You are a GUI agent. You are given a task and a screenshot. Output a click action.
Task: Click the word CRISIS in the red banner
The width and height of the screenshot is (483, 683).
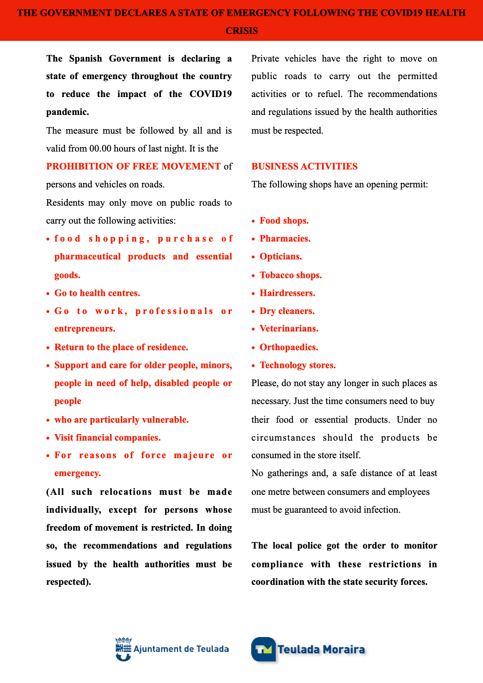click(241, 31)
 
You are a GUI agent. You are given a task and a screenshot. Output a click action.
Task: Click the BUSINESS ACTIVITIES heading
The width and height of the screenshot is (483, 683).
click(304, 166)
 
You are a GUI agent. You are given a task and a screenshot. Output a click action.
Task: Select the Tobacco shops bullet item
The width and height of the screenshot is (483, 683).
click(291, 275)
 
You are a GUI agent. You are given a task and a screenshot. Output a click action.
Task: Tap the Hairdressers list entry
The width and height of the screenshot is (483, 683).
click(287, 293)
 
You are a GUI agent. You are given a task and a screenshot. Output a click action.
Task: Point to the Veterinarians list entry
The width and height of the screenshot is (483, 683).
click(289, 328)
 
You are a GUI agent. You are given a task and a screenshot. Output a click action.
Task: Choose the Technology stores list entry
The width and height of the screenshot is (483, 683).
click(297, 365)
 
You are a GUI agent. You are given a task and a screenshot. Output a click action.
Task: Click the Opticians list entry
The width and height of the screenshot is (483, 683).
click(280, 256)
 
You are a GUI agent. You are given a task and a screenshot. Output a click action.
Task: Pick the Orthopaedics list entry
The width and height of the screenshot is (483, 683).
click(289, 347)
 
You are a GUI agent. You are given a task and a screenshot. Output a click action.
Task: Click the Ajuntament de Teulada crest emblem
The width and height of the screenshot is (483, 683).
click(123, 649)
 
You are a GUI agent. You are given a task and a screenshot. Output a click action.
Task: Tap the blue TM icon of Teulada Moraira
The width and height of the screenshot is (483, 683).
click(263, 649)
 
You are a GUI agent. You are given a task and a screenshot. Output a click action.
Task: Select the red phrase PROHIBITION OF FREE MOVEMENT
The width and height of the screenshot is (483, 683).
click(133, 166)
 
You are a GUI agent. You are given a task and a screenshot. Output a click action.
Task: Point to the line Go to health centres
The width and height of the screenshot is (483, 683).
click(97, 293)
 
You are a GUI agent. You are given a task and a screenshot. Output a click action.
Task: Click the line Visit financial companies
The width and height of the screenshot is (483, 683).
click(108, 438)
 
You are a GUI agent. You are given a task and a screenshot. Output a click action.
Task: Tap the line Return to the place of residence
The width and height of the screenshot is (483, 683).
click(121, 347)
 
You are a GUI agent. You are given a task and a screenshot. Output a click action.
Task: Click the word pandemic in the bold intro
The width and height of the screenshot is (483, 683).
click(67, 112)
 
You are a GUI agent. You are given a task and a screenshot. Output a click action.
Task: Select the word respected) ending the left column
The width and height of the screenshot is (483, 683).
click(69, 582)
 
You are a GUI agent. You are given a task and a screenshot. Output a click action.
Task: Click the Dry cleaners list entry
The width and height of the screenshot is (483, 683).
click(287, 311)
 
